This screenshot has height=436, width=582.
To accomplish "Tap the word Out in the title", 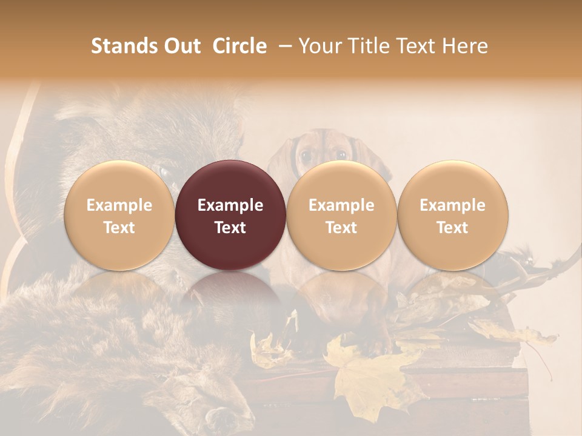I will pyautogui.click(x=181, y=46).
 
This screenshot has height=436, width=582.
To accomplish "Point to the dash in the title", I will pyautogui.click(x=283, y=46).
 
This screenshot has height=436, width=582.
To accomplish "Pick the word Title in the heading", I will pyautogui.click(x=370, y=46).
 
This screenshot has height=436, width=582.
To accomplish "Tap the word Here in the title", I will pyautogui.click(x=466, y=46).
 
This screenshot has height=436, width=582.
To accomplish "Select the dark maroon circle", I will pyautogui.click(x=230, y=216).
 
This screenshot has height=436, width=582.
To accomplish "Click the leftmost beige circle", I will pyautogui.click(x=119, y=216).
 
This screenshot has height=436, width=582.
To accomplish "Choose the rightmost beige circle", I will pyautogui.click(x=453, y=216).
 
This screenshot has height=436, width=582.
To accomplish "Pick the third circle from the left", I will pyautogui.click(x=341, y=216).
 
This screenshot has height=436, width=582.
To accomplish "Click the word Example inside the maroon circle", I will pyautogui.click(x=230, y=205).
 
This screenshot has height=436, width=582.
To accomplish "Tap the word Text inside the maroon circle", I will pyautogui.click(x=230, y=228).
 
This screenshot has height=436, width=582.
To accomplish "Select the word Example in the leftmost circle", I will pyautogui.click(x=119, y=205).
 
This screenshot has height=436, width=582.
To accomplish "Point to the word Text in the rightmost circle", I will pyautogui.click(x=453, y=228).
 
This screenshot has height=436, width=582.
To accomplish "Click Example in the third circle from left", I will pyautogui.click(x=341, y=205).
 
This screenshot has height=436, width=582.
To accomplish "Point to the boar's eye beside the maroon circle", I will pyautogui.click(x=164, y=172).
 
